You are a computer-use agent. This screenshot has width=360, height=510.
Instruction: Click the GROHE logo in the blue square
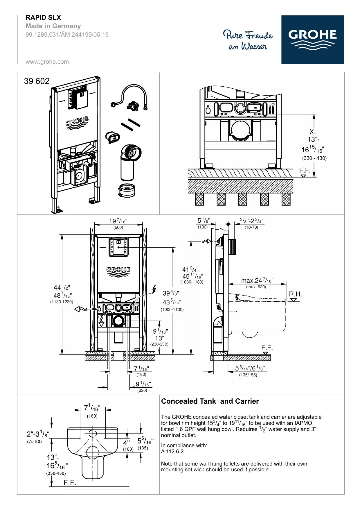click(312, 40)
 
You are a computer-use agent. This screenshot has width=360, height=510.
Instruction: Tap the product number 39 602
click(37, 81)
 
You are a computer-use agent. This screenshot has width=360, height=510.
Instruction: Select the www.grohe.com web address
click(47, 62)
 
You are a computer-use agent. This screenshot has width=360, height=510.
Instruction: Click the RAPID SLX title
click(43, 18)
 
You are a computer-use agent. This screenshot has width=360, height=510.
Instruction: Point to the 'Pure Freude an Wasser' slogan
click(248, 40)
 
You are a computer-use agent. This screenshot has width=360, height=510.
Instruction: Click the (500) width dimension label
click(118, 228)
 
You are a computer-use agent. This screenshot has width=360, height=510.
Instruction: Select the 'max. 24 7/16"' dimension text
click(257, 281)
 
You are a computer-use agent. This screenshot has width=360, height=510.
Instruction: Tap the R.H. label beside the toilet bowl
click(296, 294)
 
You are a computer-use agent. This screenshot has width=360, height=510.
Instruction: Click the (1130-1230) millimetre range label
click(62, 302)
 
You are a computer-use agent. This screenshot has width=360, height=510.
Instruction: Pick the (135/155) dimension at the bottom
click(248, 375)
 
